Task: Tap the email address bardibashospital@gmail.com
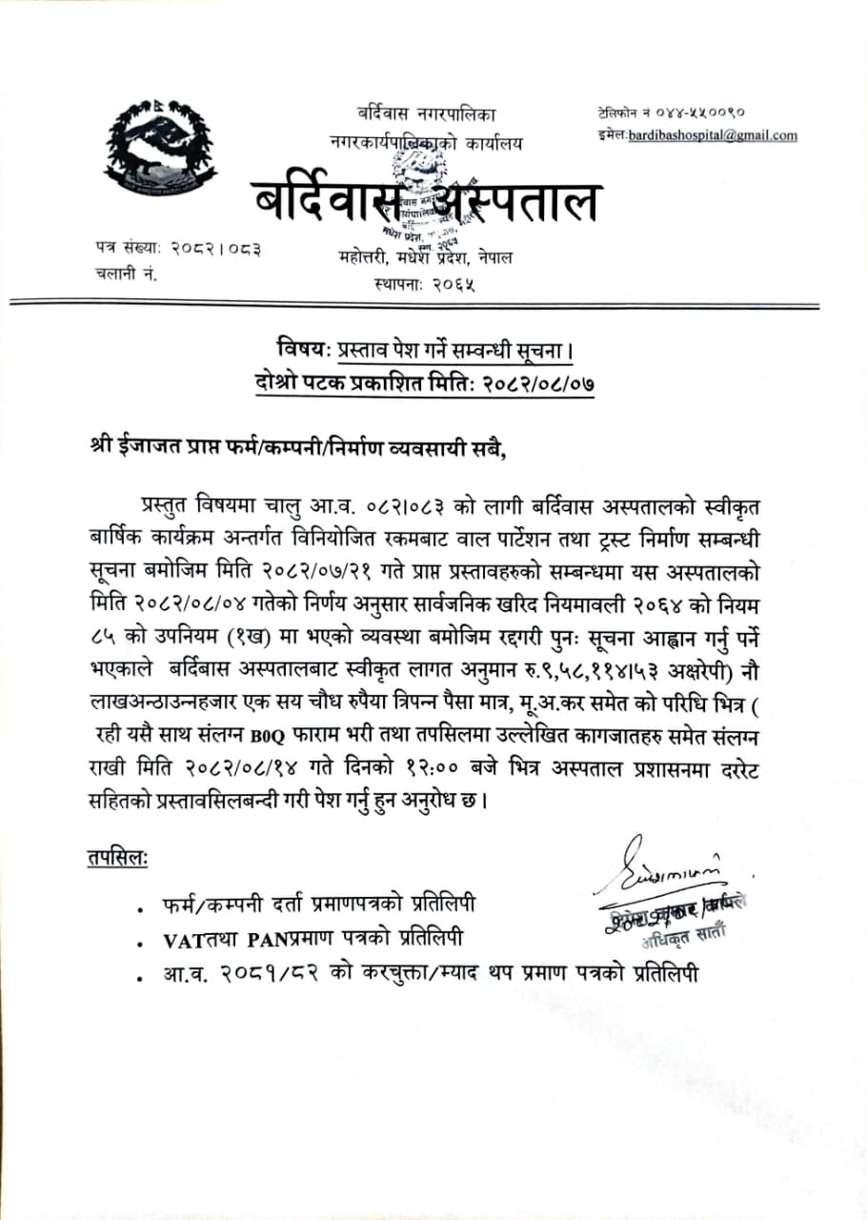click(x=713, y=135)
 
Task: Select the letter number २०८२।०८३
click(x=216, y=250)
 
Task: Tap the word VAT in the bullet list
click(x=181, y=941)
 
